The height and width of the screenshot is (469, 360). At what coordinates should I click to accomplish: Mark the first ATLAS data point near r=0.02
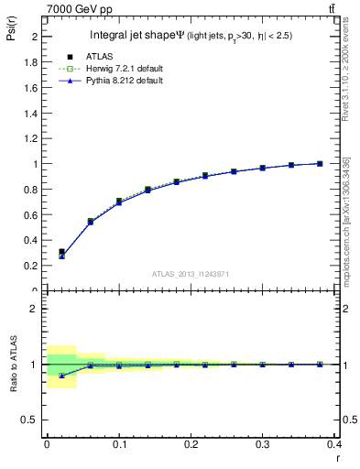[x=61, y=252]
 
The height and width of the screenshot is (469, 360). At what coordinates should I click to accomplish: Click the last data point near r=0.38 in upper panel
[x=320, y=164]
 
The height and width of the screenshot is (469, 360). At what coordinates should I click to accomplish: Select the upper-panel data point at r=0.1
[x=119, y=201]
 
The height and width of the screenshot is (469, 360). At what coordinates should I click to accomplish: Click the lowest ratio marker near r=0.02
[x=61, y=376]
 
